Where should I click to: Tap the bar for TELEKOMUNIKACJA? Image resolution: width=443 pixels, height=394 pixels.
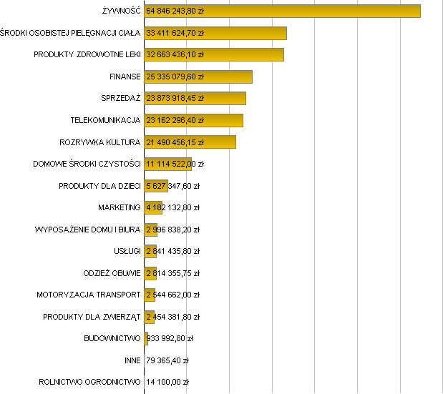click(x=222, y=120)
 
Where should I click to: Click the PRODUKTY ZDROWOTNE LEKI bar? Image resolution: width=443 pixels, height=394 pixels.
click(x=243, y=54)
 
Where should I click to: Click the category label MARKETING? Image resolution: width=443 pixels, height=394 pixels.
click(x=119, y=207)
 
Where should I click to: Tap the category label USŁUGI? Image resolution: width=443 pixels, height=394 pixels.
click(x=127, y=251)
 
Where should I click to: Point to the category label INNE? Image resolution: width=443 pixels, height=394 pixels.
click(x=132, y=360)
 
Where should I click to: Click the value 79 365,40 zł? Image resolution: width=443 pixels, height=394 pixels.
click(x=167, y=360)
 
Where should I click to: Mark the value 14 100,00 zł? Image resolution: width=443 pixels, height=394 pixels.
click(x=167, y=382)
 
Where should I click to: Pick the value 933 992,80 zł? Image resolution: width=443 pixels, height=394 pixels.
click(x=170, y=338)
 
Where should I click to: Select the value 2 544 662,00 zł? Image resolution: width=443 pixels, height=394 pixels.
click(x=172, y=295)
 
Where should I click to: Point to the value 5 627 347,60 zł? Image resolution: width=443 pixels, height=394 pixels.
click(x=172, y=186)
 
